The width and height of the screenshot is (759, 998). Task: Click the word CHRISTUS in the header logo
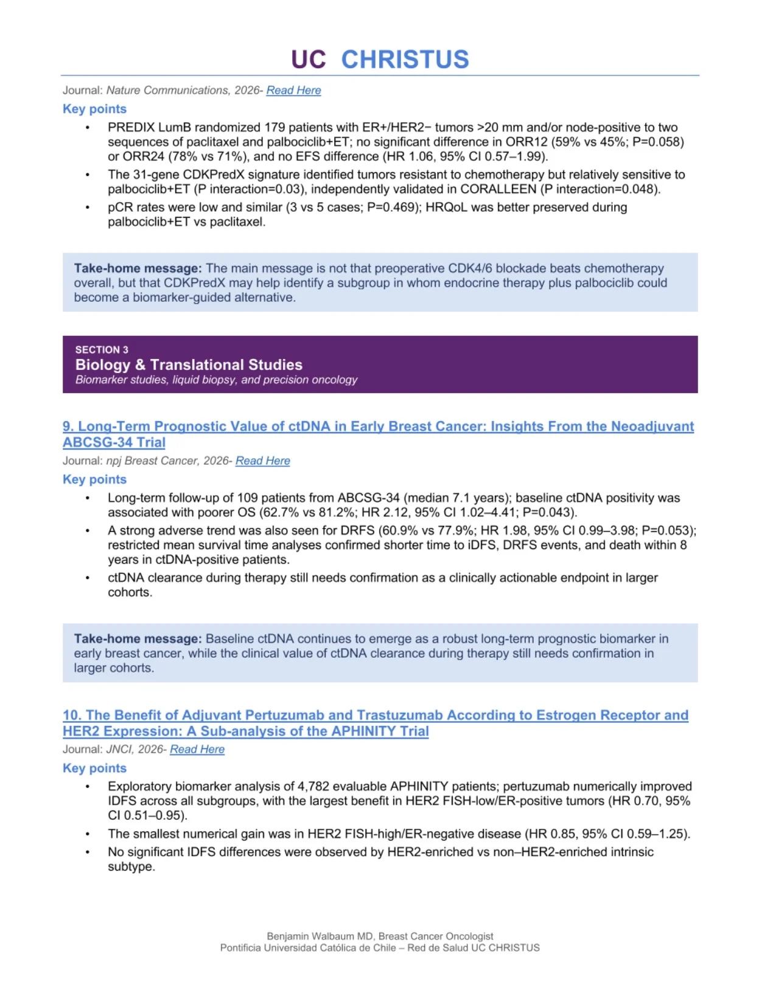pos(405,60)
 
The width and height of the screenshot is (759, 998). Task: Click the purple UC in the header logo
pos(308,60)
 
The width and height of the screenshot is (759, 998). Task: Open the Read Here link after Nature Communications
pos(293,91)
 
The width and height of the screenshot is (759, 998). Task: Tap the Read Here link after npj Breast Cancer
pos(262,461)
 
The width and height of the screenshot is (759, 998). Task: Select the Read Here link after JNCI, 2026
pos(197,750)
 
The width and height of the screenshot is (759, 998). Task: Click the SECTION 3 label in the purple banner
pos(102,350)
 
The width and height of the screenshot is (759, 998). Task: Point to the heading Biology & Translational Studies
pos(189,365)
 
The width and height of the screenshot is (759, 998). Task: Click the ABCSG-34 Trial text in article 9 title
pos(114,443)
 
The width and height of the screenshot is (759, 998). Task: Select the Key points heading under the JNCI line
pos(94,769)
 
